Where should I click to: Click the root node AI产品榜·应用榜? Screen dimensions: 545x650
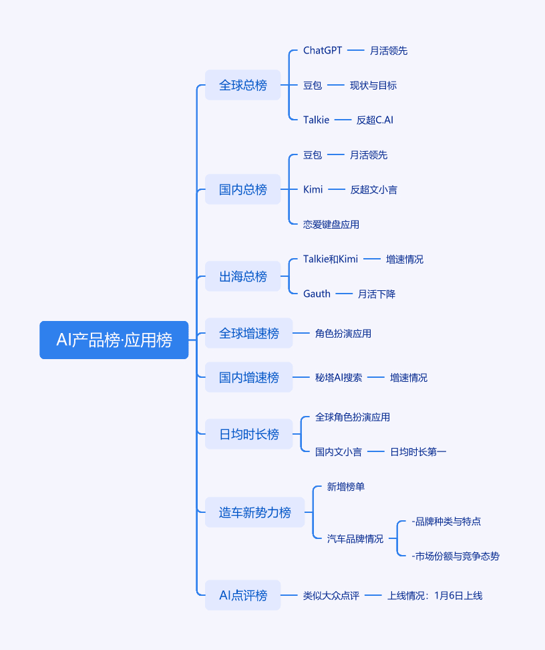click(114, 340)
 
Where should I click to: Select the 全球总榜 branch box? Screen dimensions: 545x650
click(242, 85)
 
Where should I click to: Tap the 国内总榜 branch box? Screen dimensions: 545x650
click(242, 189)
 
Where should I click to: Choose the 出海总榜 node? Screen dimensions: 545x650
click(242, 276)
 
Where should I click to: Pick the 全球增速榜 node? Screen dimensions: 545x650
click(249, 333)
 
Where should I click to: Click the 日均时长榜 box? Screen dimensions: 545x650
click(249, 434)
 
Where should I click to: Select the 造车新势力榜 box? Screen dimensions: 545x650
click(254, 512)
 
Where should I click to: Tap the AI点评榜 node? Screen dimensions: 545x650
click(242, 595)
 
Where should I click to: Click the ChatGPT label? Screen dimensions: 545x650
click(323, 51)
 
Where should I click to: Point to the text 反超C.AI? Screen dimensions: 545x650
click(375, 120)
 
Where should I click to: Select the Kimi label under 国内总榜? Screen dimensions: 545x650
click(313, 189)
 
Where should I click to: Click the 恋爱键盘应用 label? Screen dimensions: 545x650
click(331, 224)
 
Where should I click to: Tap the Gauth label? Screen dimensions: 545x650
click(317, 294)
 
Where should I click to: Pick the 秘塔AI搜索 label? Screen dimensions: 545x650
click(339, 378)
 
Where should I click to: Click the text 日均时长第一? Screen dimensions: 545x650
click(418, 452)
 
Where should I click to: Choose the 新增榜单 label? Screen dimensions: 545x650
click(346, 487)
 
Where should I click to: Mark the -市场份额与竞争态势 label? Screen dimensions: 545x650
click(456, 556)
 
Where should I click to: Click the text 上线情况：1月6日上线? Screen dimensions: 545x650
click(435, 596)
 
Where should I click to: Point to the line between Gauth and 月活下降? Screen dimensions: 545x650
click(344, 294)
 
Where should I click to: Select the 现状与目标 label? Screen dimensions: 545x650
click(373, 86)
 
